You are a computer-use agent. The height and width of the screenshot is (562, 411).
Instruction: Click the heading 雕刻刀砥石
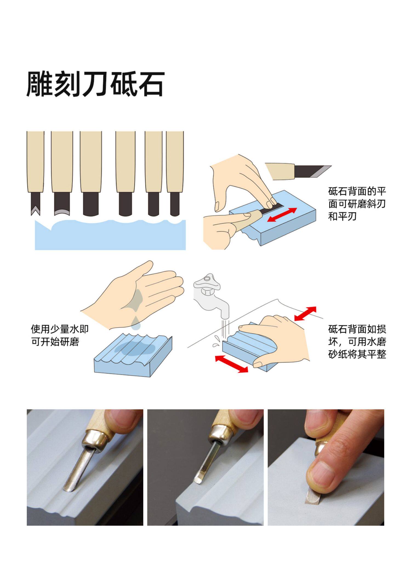[x=95, y=84]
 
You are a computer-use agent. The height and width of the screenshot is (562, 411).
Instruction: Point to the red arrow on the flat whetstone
[x=282, y=215]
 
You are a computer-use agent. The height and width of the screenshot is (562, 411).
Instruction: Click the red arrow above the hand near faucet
[x=305, y=313]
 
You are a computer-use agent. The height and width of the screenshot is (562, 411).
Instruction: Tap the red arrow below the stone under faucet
[x=232, y=364]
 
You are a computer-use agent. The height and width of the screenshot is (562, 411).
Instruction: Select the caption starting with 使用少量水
[x=60, y=335]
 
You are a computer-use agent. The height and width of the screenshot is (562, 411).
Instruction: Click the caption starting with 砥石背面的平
[x=357, y=204]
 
